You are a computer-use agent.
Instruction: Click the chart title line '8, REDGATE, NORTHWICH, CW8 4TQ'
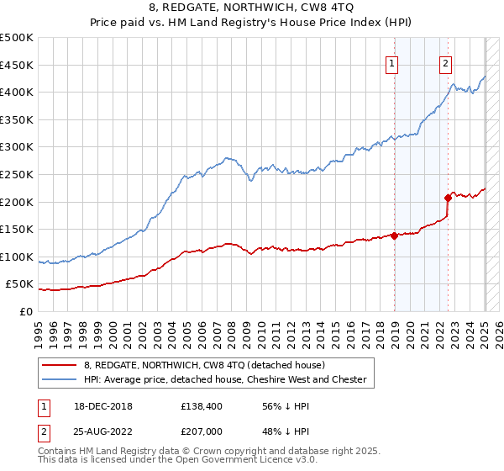click(252, 8)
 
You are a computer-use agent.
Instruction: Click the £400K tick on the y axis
click(18, 92)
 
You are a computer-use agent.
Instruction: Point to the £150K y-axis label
click(18, 229)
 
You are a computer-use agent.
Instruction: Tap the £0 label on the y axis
click(26, 311)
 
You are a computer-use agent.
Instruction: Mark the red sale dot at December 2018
click(394, 235)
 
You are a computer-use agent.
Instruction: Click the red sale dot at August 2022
click(448, 198)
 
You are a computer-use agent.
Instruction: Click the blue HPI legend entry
click(224, 379)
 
